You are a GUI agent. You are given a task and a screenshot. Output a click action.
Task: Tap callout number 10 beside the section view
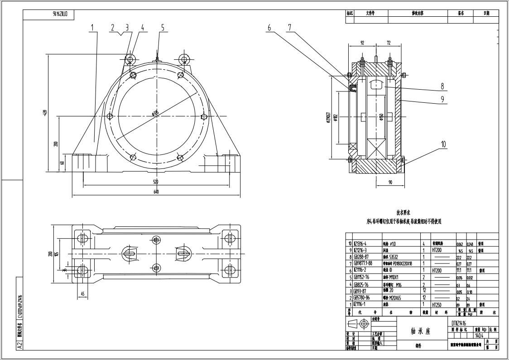[443, 144]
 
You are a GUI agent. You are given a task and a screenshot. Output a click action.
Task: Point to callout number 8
[442, 86]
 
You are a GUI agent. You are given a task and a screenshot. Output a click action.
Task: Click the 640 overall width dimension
[156, 192]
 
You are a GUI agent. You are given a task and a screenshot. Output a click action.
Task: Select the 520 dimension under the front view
[156, 182]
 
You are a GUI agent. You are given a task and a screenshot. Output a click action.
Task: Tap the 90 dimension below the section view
[389, 182]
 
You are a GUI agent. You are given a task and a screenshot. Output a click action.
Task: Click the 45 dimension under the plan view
[82, 293]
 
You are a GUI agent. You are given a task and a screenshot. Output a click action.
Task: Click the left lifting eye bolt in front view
[130, 59]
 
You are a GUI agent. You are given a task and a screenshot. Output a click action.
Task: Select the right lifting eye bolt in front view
[183, 59]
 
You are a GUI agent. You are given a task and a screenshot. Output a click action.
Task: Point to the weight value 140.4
[479, 336]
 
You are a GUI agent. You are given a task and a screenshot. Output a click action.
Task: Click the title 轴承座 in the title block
[422, 331]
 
